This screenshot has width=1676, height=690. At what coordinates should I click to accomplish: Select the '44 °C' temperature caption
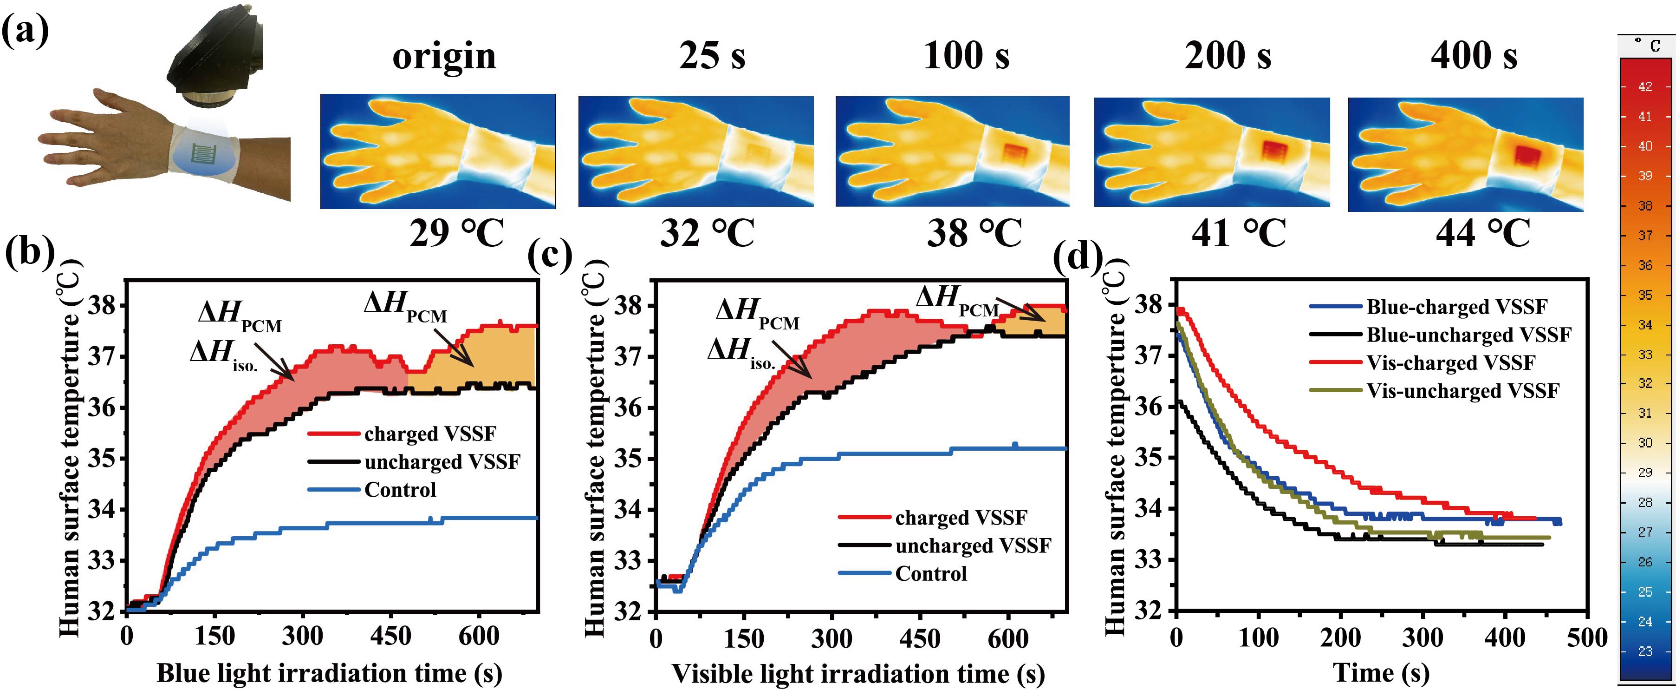[x=1483, y=233]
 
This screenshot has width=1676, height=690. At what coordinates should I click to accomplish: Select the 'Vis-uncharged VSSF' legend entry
[x=1462, y=391]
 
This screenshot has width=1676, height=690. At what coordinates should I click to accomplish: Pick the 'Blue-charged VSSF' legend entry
[x=1456, y=307]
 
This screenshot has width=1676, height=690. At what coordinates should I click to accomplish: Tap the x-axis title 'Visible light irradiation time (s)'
[x=858, y=673]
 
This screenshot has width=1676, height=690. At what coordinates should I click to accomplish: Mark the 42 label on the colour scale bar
[x=1645, y=86]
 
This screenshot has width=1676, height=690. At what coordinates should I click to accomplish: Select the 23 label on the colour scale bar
[x=1645, y=651]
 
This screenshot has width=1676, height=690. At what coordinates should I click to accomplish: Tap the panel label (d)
[x=1077, y=256]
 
